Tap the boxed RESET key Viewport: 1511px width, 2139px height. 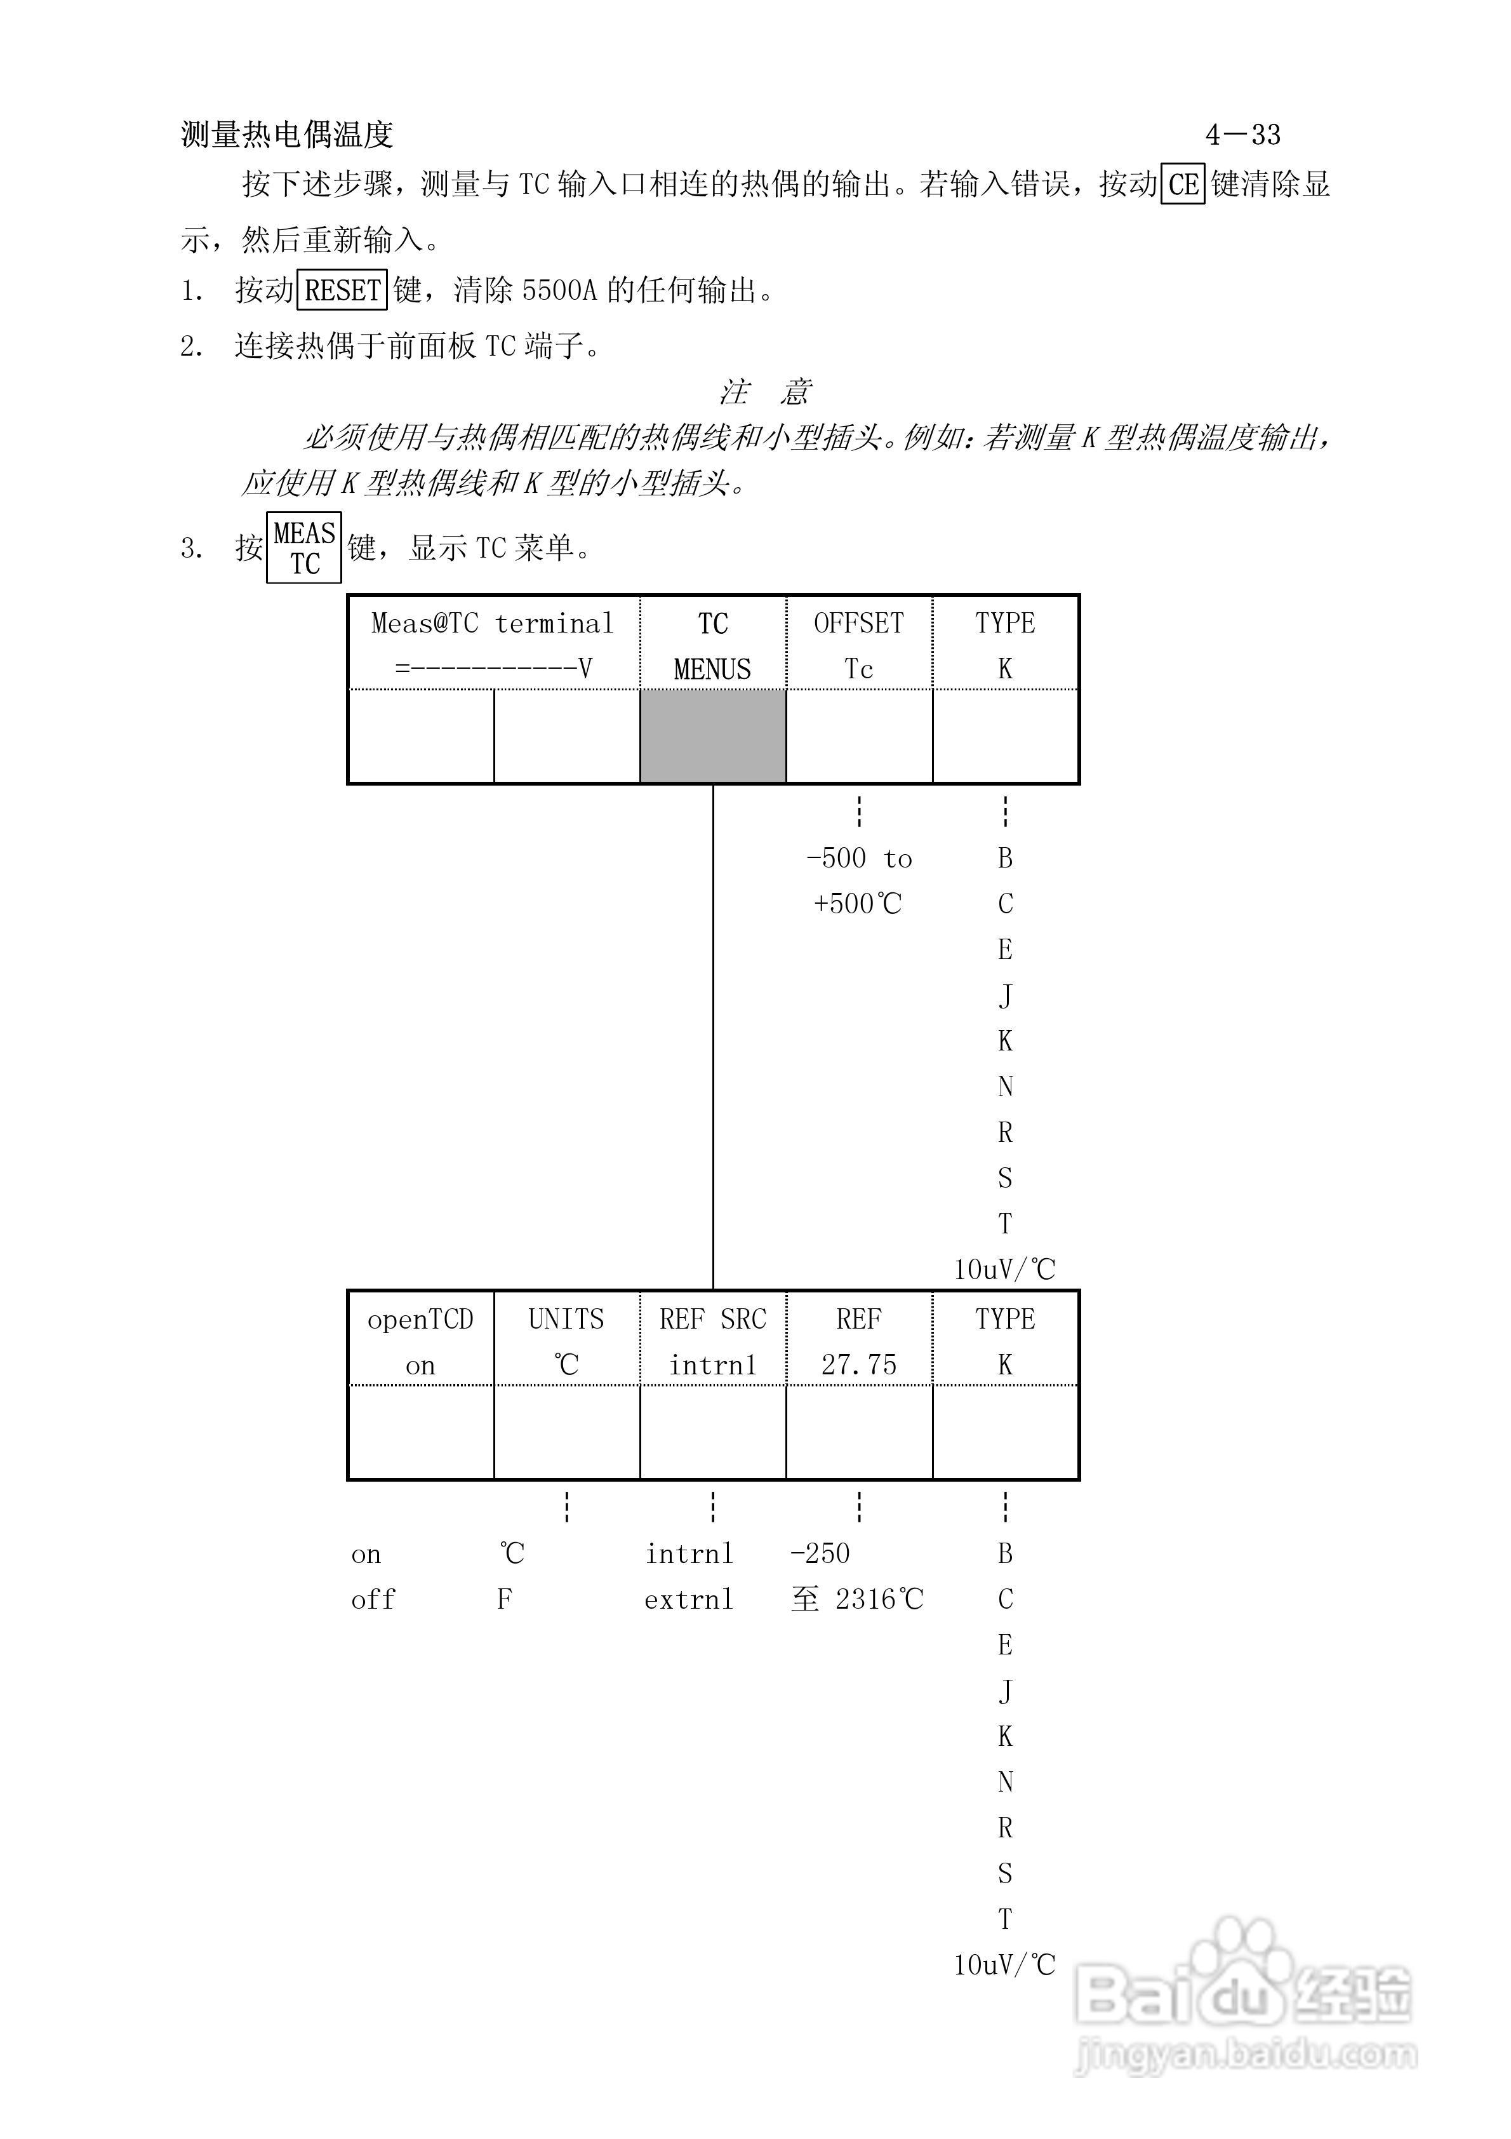[x=342, y=291]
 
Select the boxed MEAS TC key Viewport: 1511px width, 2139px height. [x=303, y=548]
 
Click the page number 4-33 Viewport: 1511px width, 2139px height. [x=1242, y=135]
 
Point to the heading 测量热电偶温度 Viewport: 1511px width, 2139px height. [x=287, y=135]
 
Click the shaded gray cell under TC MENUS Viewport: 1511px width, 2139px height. [x=713, y=736]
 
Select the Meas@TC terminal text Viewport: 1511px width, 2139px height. [x=492, y=623]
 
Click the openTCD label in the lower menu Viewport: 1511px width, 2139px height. [x=420, y=1319]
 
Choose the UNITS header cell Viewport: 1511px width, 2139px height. [x=566, y=1319]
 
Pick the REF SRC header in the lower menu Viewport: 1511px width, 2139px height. [x=713, y=1319]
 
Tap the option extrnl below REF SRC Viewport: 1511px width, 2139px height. [x=688, y=1600]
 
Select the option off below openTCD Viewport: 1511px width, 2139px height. [x=373, y=1600]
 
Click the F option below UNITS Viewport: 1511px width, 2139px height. [x=504, y=1600]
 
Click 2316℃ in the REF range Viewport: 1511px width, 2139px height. [x=879, y=1600]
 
